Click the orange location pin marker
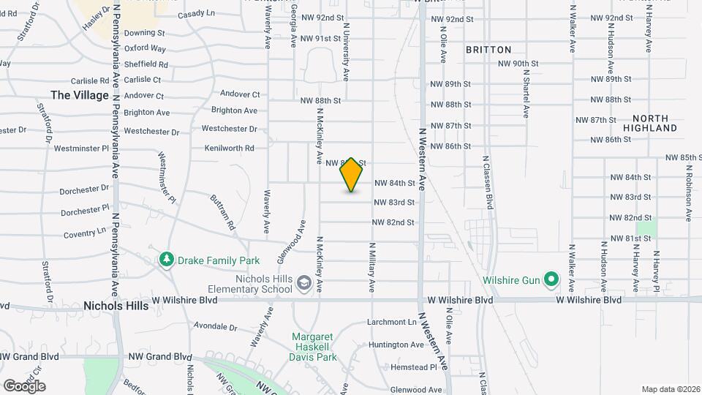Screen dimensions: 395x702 pyautogui.click(x=352, y=175)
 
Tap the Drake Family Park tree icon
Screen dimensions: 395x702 pyautogui.click(x=167, y=260)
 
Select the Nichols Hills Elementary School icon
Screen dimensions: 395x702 pyautogui.click(x=303, y=282)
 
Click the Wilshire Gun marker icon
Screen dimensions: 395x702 pyautogui.click(x=553, y=280)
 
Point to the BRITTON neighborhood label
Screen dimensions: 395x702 pyautogui.click(x=488, y=50)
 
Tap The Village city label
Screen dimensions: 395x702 pyautogui.click(x=80, y=95)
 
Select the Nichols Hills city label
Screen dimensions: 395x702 pyautogui.click(x=116, y=306)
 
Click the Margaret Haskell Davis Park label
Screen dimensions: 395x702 pyautogui.click(x=314, y=347)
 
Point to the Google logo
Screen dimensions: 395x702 pyautogui.click(x=24, y=385)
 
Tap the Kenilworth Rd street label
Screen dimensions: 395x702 pyautogui.click(x=229, y=148)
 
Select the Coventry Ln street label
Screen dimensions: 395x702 pyautogui.click(x=85, y=233)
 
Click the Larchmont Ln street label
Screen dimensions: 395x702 pyautogui.click(x=391, y=322)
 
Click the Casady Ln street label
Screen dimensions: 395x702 pyautogui.click(x=196, y=14)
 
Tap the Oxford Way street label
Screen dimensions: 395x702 pyautogui.click(x=145, y=48)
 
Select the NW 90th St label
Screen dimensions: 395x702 pyautogui.click(x=518, y=64)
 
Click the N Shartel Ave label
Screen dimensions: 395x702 pyautogui.click(x=526, y=95)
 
